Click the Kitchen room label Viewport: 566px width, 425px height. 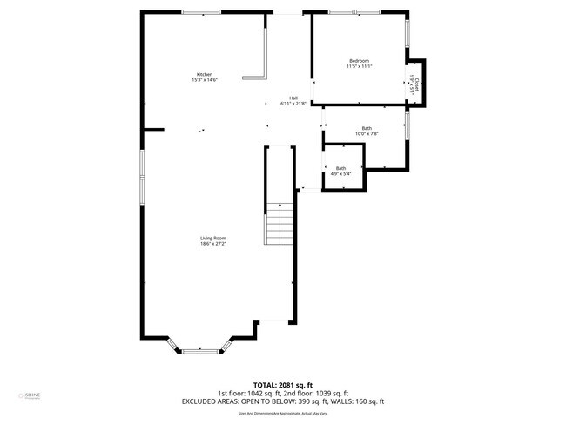point(205,74)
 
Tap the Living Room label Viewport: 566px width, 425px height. point(213,238)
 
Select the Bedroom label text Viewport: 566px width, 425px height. point(360,60)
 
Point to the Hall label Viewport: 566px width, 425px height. point(294,98)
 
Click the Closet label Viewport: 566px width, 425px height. point(417,83)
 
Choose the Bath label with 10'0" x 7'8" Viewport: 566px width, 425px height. point(367,128)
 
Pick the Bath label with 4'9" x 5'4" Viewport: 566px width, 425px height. point(340,168)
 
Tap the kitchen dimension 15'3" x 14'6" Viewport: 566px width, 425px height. point(205,80)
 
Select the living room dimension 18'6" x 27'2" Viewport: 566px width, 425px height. point(213,244)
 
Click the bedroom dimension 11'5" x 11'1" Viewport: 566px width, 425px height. point(360,66)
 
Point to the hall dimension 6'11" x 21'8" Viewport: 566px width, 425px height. point(294,104)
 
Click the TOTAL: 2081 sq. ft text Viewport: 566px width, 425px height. point(283,384)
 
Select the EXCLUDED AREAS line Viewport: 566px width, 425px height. point(283,401)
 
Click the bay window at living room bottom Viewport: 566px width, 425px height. point(200,350)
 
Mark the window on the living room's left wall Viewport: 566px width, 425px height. point(140,178)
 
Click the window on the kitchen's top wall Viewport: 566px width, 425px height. point(200,12)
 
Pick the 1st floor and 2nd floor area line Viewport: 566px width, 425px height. point(283,393)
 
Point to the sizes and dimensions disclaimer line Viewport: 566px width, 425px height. point(283,413)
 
